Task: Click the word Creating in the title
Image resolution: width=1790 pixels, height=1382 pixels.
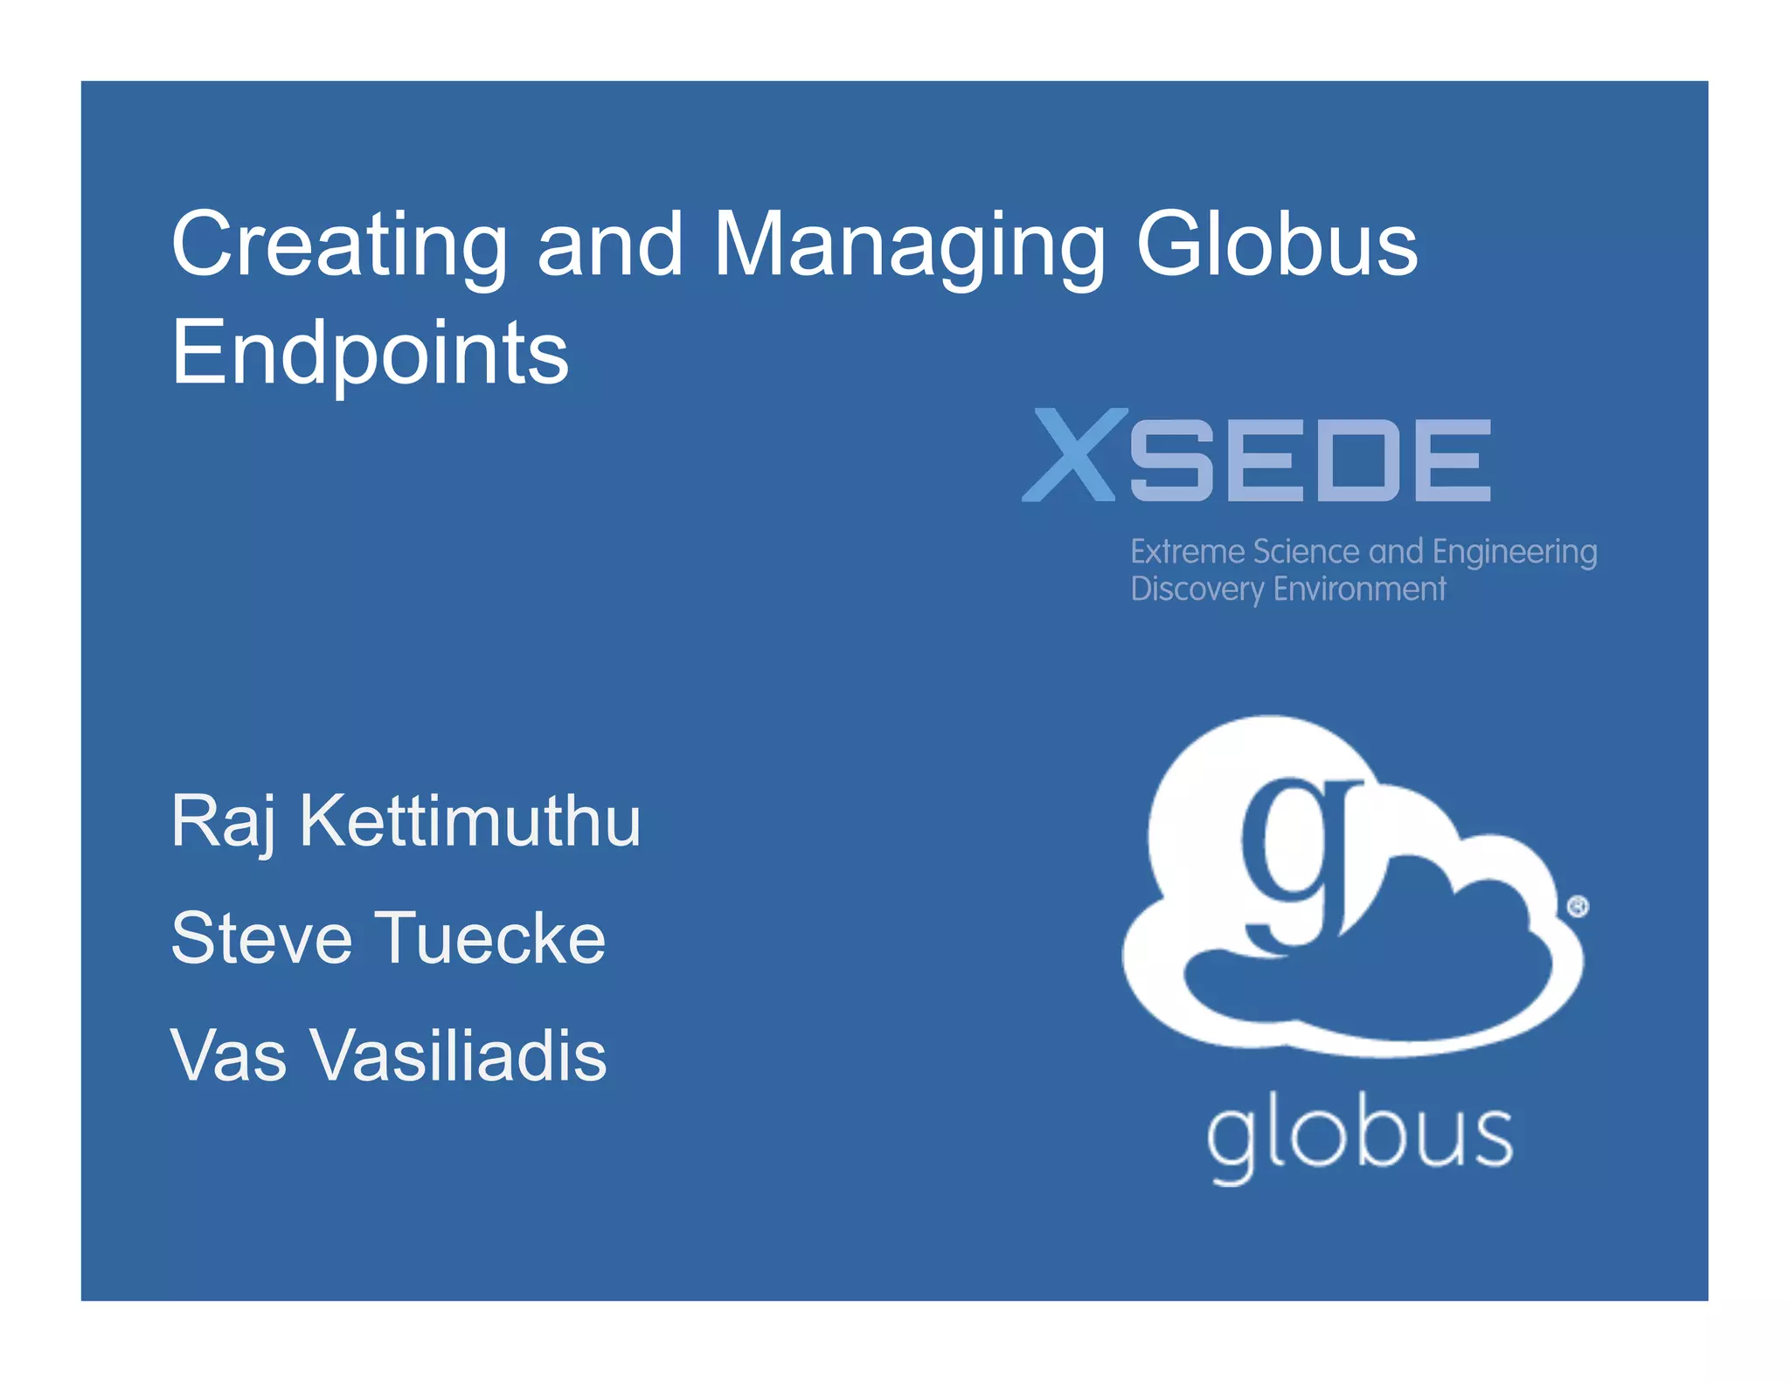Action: click(339, 246)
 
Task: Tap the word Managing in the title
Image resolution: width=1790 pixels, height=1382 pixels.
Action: click(909, 246)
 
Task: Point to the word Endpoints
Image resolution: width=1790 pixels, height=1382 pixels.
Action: click(370, 353)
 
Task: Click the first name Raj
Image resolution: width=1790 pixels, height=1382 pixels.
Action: click(224, 821)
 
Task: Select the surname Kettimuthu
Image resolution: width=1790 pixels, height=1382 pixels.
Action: click(470, 821)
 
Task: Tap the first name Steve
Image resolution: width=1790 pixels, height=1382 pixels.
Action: click(261, 937)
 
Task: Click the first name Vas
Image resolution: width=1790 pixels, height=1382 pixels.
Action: click(229, 1054)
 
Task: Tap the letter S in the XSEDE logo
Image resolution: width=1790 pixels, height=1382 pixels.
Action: click(1168, 460)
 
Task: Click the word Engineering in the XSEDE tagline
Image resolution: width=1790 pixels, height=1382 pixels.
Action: click(1515, 553)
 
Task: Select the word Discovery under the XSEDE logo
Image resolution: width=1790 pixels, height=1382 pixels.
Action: click(1197, 590)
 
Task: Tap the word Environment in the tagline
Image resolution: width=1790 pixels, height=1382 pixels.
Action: click(1359, 590)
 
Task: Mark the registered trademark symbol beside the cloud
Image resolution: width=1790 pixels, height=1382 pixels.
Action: click(1578, 907)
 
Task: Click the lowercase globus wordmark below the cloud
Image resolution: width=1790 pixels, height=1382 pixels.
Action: click(1359, 1138)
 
